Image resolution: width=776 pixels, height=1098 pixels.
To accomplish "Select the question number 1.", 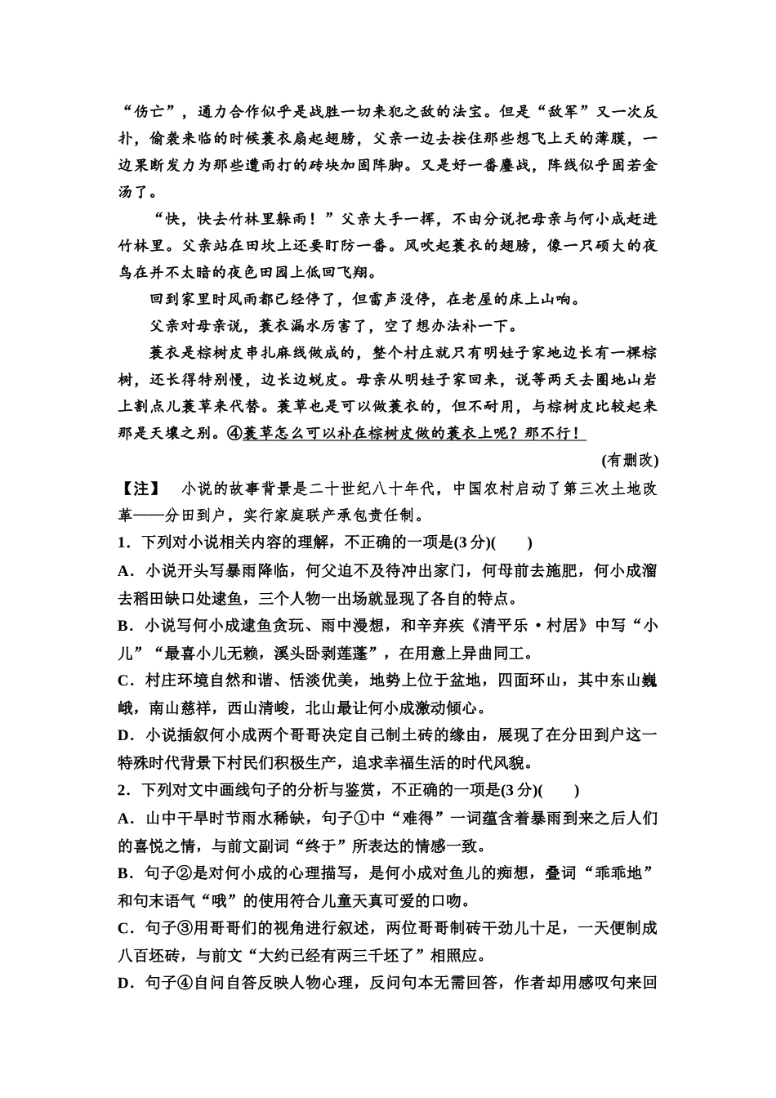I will click(123, 543).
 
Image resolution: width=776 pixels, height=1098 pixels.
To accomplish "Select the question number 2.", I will click(123, 791).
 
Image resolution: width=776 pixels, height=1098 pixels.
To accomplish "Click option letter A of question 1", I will click(124, 571).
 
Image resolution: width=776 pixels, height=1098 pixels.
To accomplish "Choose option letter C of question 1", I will click(124, 681).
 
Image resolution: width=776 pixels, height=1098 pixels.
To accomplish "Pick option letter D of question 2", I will click(124, 983).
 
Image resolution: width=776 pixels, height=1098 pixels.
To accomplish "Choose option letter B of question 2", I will click(124, 873).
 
